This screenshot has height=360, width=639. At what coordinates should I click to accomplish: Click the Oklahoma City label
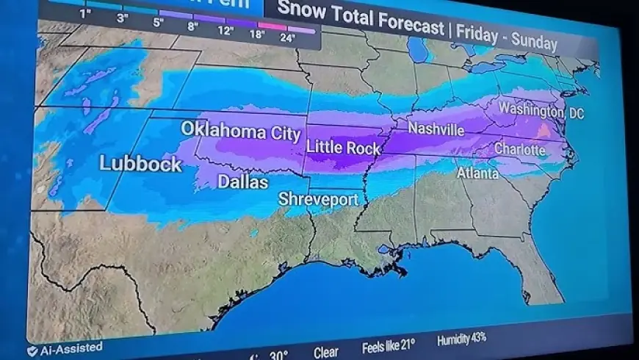pos(241,131)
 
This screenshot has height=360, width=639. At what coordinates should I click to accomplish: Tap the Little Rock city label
pos(343,148)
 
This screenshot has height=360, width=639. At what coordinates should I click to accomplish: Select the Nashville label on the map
pos(436,129)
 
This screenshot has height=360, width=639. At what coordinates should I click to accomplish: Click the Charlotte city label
pos(520,150)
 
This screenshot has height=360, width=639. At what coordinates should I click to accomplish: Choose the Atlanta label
pos(477,173)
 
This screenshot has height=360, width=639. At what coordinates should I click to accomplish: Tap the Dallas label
pos(242,181)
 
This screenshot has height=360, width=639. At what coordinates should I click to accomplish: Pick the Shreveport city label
pos(318,199)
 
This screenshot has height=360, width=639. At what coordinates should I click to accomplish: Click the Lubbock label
pos(140,164)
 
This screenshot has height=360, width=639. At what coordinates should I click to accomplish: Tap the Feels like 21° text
pos(389,346)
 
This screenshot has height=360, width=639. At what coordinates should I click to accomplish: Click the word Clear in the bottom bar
pos(326,352)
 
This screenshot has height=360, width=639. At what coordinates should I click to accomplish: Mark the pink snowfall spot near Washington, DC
pos(543,131)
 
